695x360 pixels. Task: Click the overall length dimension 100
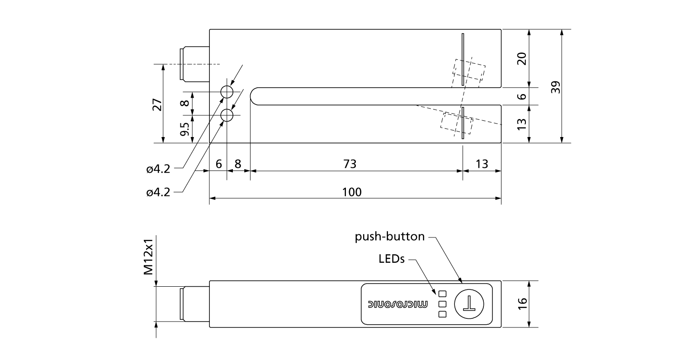click(352, 192)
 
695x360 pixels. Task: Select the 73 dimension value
click(350, 164)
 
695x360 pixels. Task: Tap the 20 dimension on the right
click(522, 59)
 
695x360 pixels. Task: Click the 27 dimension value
click(156, 104)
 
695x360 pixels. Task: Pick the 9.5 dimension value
click(184, 129)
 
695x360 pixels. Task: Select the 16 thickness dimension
click(522, 303)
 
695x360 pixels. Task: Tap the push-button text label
click(389, 237)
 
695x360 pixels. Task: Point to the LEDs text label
click(391, 259)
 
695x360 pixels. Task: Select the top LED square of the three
click(442, 293)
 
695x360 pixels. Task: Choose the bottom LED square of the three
click(442, 314)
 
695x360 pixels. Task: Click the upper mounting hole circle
click(227, 92)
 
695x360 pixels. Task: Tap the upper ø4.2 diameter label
click(158, 169)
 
